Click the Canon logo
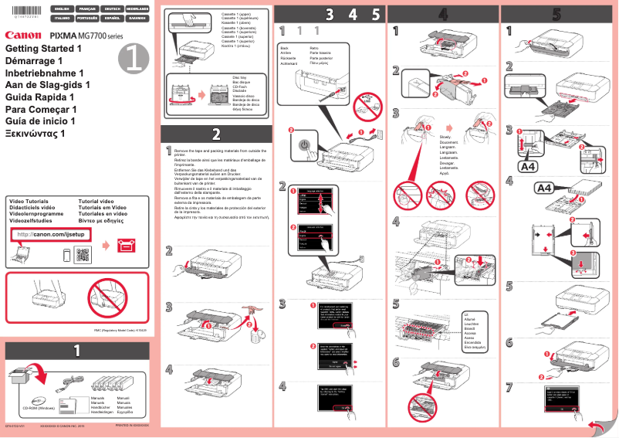coord(23,35)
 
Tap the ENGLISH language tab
coord(62,8)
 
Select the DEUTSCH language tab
coord(114,8)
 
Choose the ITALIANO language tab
coord(62,17)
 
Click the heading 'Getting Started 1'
coord(43,48)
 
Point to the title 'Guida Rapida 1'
coord(39,97)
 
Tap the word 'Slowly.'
coord(446,136)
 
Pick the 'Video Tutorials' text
coord(29,200)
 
